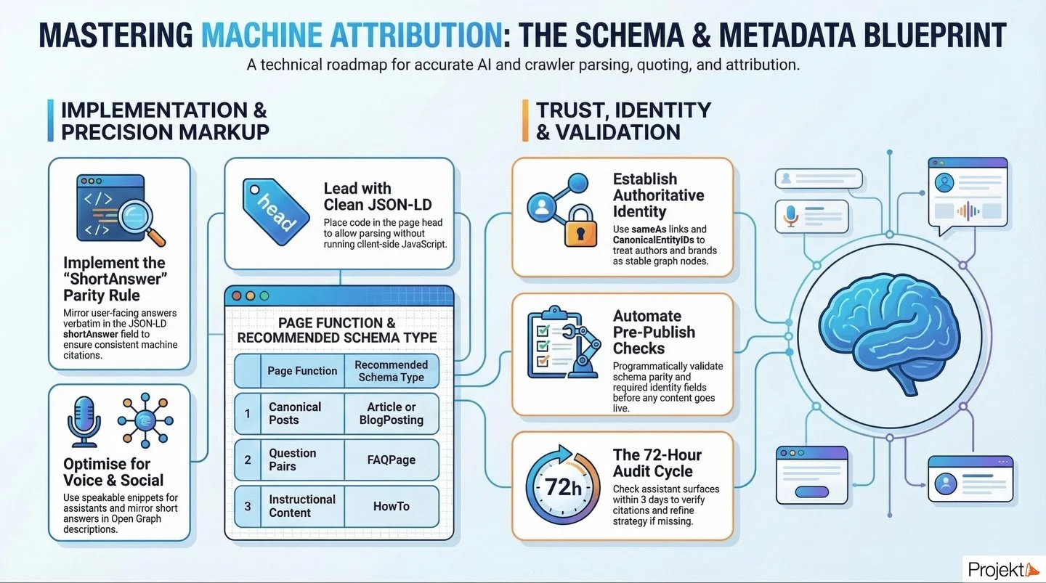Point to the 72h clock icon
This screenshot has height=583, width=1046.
point(563,486)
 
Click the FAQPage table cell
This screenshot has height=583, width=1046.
point(391,460)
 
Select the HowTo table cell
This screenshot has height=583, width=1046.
point(391,506)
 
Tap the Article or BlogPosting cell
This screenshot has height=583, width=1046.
point(391,413)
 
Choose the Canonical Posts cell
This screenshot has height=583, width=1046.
point(295,413)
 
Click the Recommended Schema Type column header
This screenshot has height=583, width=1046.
point(391,370)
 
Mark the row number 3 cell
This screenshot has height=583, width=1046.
point(247,506)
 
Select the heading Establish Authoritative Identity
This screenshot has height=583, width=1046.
point(658,195)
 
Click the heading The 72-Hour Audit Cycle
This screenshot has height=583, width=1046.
point(657,462)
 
